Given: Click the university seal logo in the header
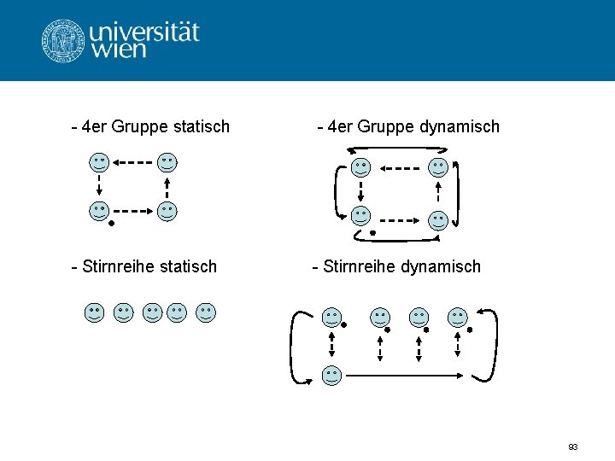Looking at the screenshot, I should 64,40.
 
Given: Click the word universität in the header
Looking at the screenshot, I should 144,32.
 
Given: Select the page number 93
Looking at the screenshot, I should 572,446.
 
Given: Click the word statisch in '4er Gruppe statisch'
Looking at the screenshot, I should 196,126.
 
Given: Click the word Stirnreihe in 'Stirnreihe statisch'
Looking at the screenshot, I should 115,266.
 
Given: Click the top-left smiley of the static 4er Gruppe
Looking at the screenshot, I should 100,162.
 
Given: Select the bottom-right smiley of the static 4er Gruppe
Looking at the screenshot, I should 167,212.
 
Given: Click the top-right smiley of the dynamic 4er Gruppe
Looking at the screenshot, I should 438,167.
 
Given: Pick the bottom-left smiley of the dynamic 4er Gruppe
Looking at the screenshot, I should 361,215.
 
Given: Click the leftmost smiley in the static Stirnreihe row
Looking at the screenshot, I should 95,313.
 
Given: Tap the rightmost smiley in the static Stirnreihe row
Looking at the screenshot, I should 206,313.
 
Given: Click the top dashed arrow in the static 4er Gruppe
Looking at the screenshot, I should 133,161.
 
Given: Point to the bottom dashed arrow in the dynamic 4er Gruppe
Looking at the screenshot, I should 399,219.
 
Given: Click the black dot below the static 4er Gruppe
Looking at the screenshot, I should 111,224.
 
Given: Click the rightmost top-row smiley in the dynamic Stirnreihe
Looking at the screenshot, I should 459,318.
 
